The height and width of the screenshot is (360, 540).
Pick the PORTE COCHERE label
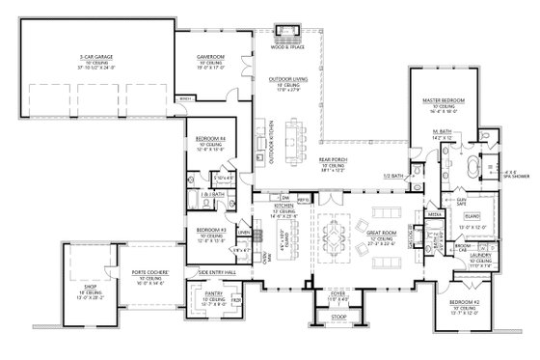(128, 278)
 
